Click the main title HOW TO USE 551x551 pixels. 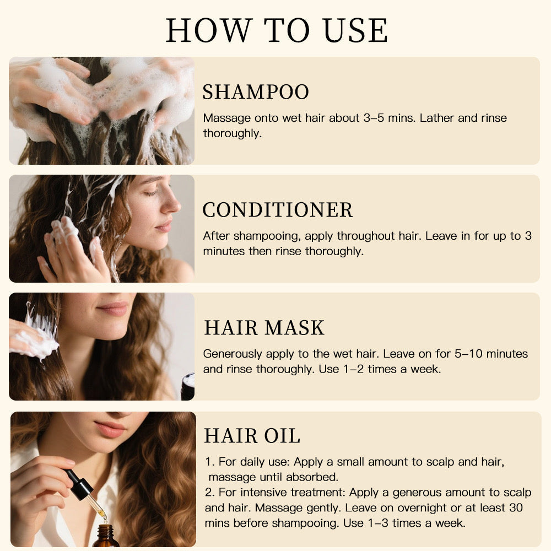tap(277, 30)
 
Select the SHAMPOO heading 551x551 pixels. tap(256, 92)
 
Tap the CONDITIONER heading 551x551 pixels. tap(277, 210)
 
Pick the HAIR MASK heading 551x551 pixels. tap(264, 328)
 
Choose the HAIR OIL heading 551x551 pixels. tap(252, 436)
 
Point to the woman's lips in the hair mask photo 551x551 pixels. tap(113, 309)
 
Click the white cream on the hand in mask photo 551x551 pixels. tap(36, 342)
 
